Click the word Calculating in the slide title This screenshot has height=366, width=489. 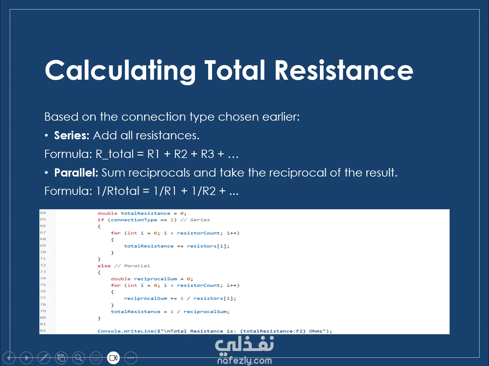point(120,71)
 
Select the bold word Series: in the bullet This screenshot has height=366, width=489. point(72,135)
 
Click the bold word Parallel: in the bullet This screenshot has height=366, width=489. point(76,173)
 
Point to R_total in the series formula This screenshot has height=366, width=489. point(114,154)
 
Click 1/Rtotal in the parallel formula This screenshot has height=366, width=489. point(118,191)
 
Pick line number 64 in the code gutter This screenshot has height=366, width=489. point(43,213)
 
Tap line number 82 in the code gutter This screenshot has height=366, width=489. point(43,331)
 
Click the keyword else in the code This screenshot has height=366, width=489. point(104,266)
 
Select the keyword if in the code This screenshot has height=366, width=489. point(101,220)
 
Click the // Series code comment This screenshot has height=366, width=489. point(195,220)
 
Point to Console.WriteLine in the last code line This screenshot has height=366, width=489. point(126,331)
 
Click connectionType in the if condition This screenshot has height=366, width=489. point(134,220)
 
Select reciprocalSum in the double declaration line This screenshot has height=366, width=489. point(155,279)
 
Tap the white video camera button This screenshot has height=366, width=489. point(113,358)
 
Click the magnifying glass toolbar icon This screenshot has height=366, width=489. point(79,358)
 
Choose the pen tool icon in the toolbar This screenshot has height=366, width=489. point(44,358)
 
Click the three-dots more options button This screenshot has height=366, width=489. point(131,358)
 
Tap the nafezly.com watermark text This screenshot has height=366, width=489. point(245,361)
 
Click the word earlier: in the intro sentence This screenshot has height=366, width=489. point(281,117)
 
